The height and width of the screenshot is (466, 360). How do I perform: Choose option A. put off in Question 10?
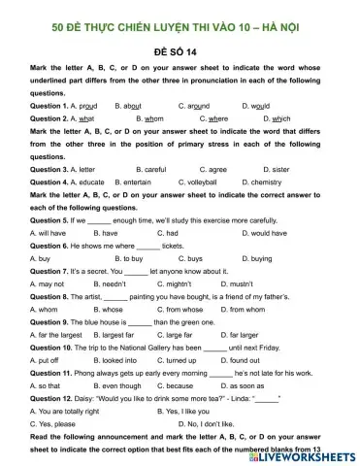click(45, 360)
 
